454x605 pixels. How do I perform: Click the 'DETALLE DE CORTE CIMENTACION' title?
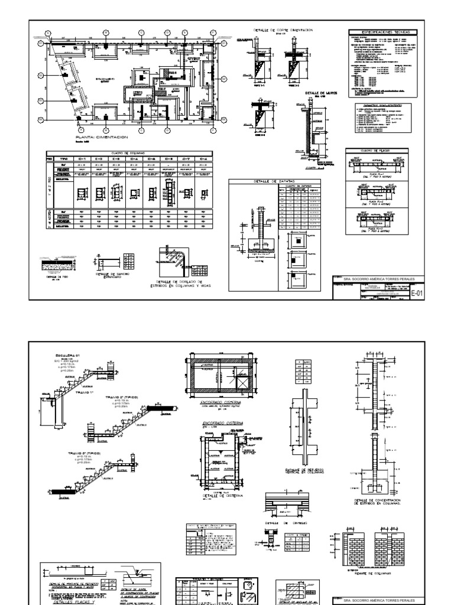[x=284, y=30]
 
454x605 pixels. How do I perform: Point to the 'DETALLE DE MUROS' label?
[x=317, y=93]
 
